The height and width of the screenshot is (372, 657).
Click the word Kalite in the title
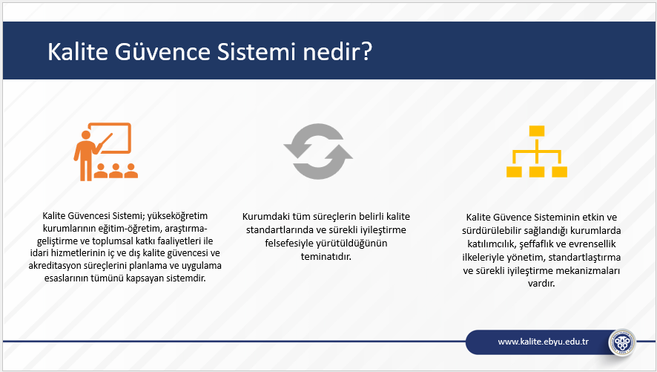click(x=78, y=51)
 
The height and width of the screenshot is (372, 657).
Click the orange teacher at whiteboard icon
click(x=106, y=151)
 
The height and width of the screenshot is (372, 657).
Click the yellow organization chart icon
click(x=537, y=151)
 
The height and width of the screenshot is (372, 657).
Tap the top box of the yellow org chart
click(x=537, y=131)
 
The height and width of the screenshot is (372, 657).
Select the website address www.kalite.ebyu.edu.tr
click(x=543, y=342)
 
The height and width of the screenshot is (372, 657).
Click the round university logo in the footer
click(x=622, y=342)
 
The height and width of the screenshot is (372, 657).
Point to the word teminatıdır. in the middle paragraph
click(x=326, y=256)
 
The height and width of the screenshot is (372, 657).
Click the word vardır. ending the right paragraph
click(x=541, y=283)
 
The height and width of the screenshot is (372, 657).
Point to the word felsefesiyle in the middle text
click(x=289, y=244)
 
